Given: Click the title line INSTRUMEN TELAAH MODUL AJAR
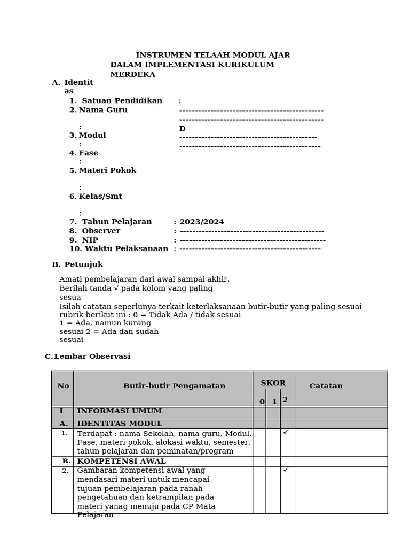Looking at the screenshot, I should click(213, 55).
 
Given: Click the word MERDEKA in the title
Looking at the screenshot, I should click(132, 74).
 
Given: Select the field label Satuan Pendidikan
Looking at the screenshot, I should click(122, 101).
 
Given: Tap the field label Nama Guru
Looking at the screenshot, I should click(103, 110).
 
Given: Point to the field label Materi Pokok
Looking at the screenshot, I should click(107, 170).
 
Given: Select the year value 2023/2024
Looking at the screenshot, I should click(202, 222).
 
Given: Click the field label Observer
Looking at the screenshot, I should click(101, 231).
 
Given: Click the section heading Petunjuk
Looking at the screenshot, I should click(83, 264).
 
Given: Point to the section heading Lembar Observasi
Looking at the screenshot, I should click(92, 356).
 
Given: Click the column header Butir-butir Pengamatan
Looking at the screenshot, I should click(174, 386).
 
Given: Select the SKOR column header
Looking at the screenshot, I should click(273, 383).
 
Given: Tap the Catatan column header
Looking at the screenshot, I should click(326, 386).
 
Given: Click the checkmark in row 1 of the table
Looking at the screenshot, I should click(286, 432).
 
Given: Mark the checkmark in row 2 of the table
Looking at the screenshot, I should click(286, 470).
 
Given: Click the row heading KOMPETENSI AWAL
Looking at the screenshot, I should click(121, 461).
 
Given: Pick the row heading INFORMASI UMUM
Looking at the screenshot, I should click(119, 411).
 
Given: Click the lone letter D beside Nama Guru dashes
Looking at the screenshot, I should click(182, 129).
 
